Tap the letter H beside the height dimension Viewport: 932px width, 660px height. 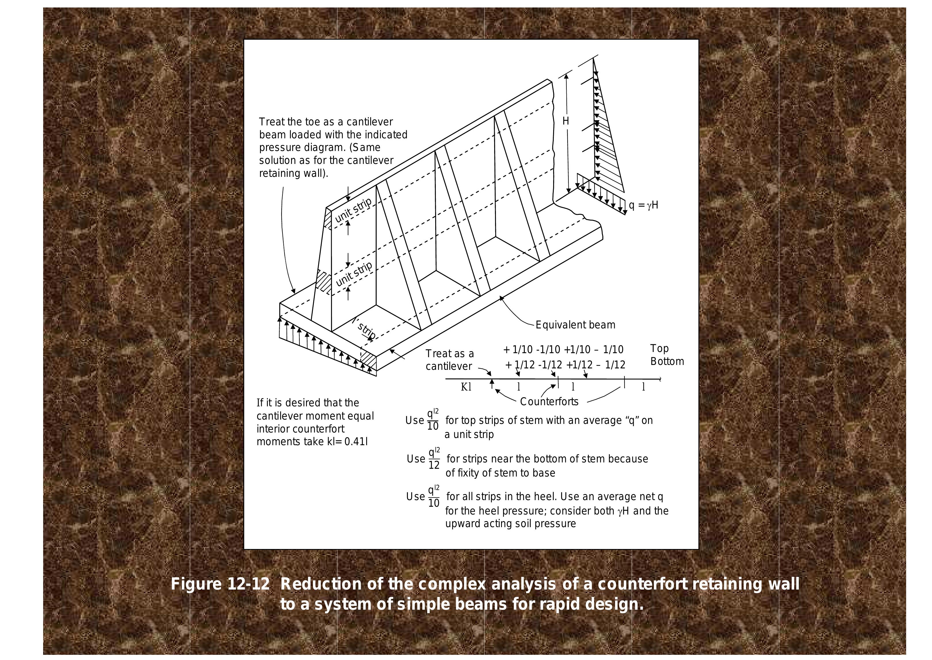[x=565, y=121]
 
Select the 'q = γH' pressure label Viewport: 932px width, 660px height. [x=643, y=205]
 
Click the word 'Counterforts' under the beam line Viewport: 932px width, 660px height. [x=549, y=402]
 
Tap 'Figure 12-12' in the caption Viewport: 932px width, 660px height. [x=220, y=584]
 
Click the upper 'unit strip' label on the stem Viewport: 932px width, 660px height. [x=353, y=211]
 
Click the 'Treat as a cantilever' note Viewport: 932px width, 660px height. [x=450, y=360]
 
